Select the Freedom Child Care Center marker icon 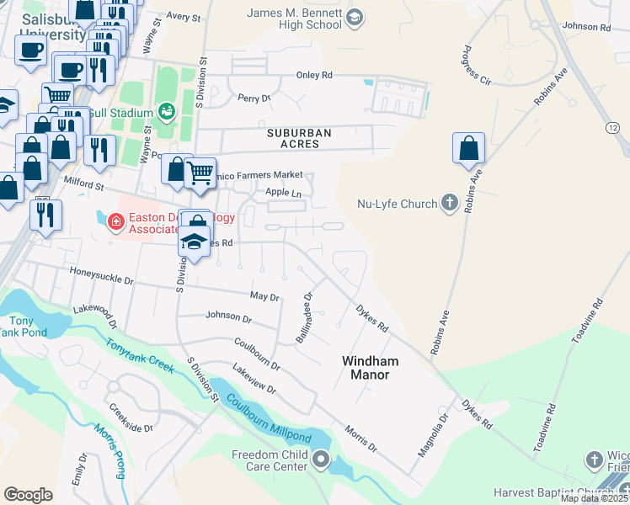[x=321, y=460]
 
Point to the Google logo [x=28, y=494]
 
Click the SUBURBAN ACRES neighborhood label [x=299, y=138]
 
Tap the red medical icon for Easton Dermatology [x=115, y=222]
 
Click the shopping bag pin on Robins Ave [x=468, y=149]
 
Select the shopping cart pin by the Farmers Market [x=200, y=173]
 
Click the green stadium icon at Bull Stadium [x=166, y=112]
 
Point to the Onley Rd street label [x=313, y=75]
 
